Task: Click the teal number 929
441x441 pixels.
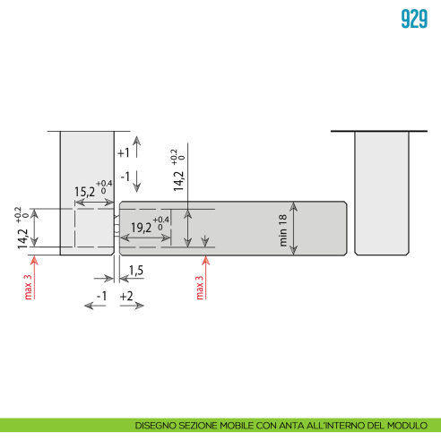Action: point(413,20)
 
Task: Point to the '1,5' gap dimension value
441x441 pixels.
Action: point(136,270)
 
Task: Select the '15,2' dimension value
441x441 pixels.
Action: point(84,192)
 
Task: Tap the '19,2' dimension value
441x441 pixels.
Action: point(142,227)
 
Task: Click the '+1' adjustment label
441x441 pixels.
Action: point(124,153)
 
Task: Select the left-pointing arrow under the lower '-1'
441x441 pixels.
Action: point(96,306)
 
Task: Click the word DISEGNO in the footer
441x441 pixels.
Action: point(156,425)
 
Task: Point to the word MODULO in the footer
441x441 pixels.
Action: point(418,425)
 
